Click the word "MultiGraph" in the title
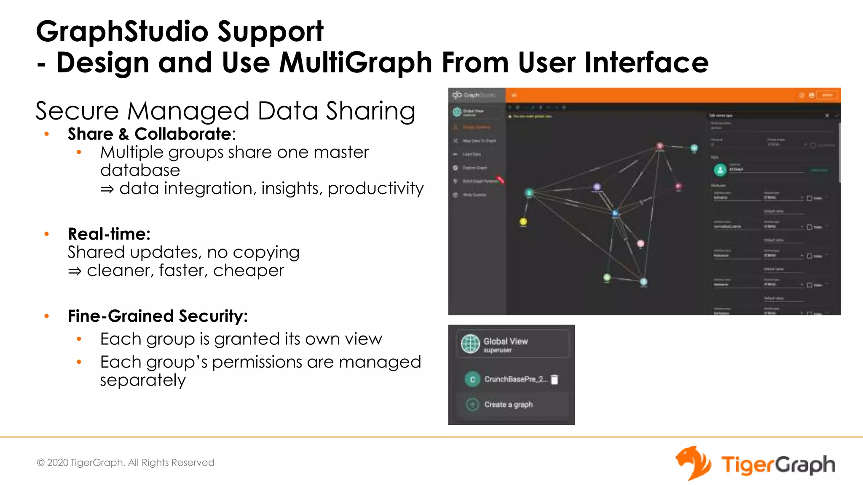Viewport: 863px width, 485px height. click(x=356, y=63)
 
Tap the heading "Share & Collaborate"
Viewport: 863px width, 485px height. click(x=150, y=134)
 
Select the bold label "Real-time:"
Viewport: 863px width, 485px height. click(x=109, y=234)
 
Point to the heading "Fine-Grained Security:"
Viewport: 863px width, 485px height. click(x=158, y=316)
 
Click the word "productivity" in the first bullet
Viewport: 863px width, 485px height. click(x=375, y=188)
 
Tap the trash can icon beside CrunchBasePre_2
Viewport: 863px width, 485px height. click(x=555, y=379)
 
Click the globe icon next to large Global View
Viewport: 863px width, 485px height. click(x=470, y=344)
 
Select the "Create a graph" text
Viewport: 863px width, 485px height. click(x=508, y=405)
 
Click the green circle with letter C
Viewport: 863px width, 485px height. click(x=472, y=379)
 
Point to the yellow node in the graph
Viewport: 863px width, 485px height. click(x=523, y=221)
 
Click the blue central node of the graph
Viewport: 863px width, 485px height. click(x=615, y=213)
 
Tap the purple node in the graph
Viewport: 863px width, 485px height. click(x=597, y=187)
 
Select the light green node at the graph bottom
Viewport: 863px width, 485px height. click(x=607, y=277)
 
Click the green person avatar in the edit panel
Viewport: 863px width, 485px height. click(x=720, y=170)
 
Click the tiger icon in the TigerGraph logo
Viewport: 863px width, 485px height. click(x=692, y=463)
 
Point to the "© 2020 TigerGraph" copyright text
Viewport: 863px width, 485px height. click(x=125, y=462)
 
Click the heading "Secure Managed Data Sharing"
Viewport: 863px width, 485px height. click(x=225, y=111)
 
